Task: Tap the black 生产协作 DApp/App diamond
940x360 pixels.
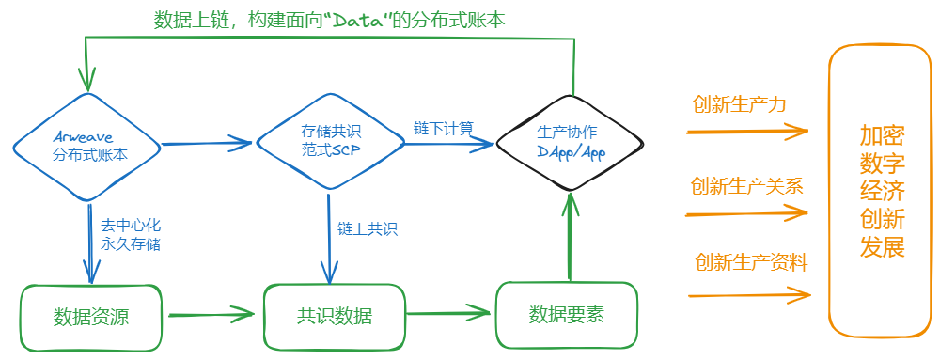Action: (x=571, y=142)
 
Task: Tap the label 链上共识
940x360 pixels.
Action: (x=368, y=228)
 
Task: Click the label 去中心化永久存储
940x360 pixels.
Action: (x=131, y=234)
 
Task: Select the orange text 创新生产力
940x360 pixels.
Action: (x=739, y=104)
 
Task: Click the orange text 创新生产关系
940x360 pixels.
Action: (x=746, y=185)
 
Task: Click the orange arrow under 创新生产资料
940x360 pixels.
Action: (x=747, y=295)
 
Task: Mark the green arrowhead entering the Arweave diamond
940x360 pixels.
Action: (x=89, y=80)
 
